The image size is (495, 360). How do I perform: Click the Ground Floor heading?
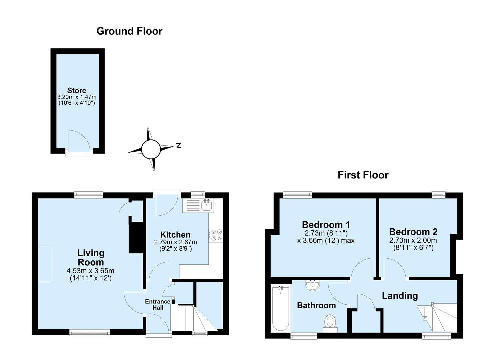(x=129, y=31)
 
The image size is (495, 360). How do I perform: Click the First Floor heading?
(x=363, y=175)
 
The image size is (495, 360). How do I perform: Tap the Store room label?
(x=77, y=90)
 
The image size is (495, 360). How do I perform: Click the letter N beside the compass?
(x=179, y=145)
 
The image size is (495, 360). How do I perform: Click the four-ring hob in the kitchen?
(x=216, y=234)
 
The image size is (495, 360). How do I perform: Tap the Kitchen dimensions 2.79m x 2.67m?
(x=175, y=242)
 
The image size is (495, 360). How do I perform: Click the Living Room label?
(x=91, y=257)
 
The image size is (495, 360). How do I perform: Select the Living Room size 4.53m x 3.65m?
(x=91, y=271)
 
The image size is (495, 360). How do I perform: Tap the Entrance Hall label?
(x=158, y=304)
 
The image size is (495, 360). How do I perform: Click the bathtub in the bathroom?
(x=281, y=308)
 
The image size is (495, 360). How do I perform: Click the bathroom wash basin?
(x=313, y=285)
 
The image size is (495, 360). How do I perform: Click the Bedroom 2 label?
(x=413, y=232)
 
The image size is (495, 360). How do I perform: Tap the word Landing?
(x=399, y=296)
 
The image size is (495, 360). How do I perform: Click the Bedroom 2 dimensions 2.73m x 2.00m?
(x=413, y=240)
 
